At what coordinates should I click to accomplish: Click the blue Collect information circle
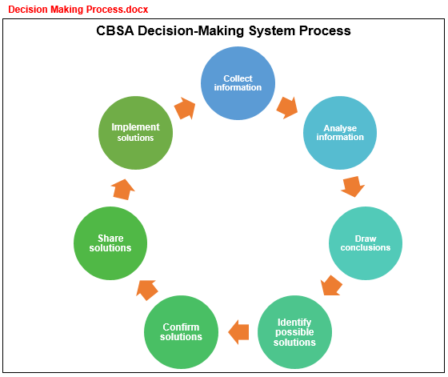click(238, 83)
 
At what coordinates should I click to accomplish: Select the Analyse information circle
click(340, 133)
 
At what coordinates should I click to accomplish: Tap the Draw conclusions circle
click(366, 243)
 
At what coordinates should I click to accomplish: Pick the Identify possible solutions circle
click(294, 332)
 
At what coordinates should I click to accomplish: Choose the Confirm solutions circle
click(181, 332)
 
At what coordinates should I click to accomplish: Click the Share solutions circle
click(110, 243)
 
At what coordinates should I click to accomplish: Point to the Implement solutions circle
click(135, 133)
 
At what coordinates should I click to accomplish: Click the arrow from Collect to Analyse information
click(287, 108)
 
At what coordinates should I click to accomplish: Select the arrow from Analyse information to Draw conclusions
click(353, 186)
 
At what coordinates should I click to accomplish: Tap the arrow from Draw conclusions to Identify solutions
click(331, 286)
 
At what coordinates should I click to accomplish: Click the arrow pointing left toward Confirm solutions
click(238, 332)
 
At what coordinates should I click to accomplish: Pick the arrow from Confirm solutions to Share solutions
click(147, 290)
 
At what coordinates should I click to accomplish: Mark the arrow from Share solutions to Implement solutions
click(123, 190)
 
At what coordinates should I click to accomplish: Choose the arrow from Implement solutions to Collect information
click(185, 108)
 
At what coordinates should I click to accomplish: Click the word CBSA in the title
click(115, 30)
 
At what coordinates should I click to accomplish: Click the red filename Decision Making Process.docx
click(78, 10)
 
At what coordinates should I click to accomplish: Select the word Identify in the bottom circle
click(294, 323)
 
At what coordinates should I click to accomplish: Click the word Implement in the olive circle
click(135, 127)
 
